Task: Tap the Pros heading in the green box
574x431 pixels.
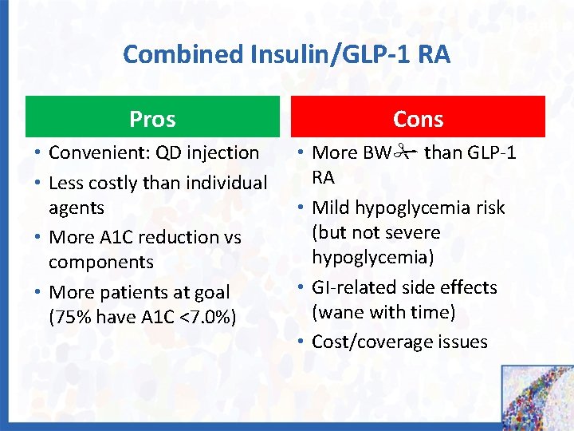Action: tap(152, 119)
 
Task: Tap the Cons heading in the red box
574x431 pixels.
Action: tap(418, 119)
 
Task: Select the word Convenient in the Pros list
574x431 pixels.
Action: tap(96, 152)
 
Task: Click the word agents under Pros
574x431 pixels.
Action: tap(77, 208)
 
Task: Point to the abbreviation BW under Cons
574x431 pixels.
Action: tap(372, 152)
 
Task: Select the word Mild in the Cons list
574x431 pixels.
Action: tap(330, 208)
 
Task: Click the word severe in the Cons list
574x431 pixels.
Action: tap(413, 232)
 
